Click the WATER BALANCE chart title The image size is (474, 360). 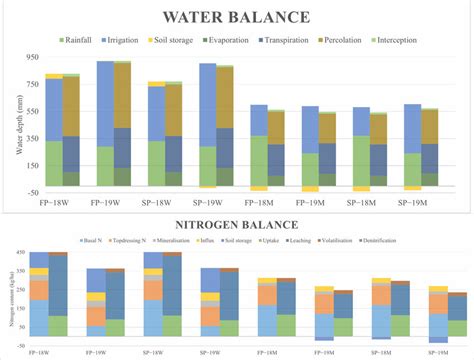pyautogui.click(x=236, y=18)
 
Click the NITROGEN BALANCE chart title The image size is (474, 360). pyautogui.click(x=236, y=227)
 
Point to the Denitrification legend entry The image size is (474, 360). pyautogui.click(x=418, y=243)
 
